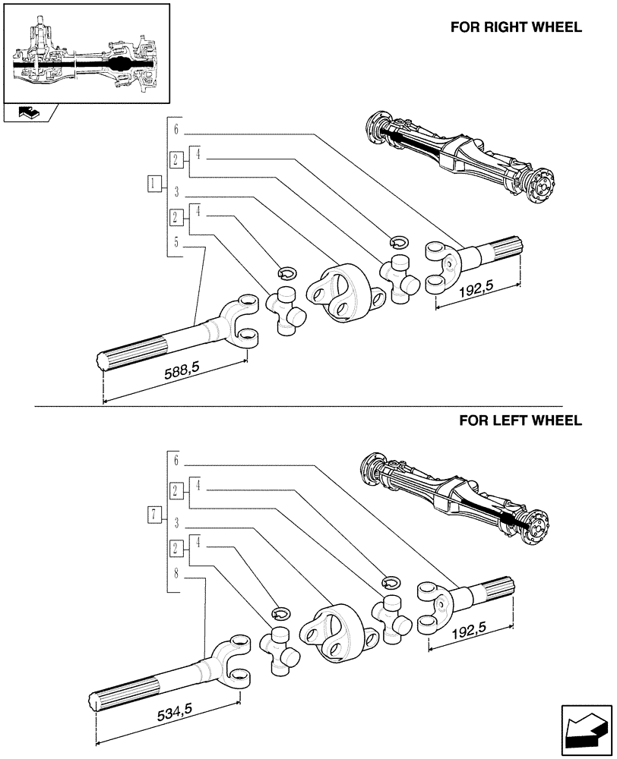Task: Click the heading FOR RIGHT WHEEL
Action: pyautogui.click(x=516, y=27)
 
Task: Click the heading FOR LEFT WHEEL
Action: pyautogui.click(x=520, y=420)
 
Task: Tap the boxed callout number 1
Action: pyautogui.click(x=154, y=183)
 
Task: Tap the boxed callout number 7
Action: pyautogui.click(x=154, y=515)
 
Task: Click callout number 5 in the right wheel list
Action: pyautogui.click(x=176, y=242)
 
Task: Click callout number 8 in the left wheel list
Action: pyautogui.click(x=176, y=575)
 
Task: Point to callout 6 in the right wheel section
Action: pyautogui.click(x=176, y=129)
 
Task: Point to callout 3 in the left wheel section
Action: pyautogui.click(x=176, y=523)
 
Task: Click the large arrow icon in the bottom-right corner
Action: pyautogui.click(x=584, y=732)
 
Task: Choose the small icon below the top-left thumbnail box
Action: pyautogui.click(x=30, y=113)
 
